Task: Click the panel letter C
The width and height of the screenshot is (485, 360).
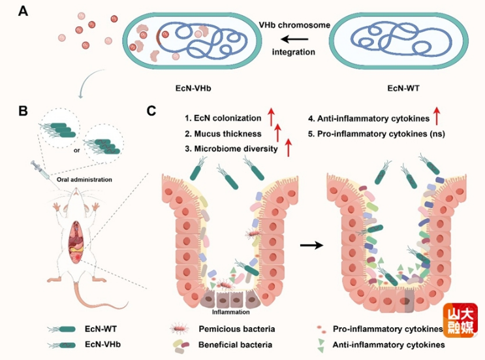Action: pyautogui.click(x=151, y=111)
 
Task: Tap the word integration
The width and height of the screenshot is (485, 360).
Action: pyautogui.click(x=294, y=52)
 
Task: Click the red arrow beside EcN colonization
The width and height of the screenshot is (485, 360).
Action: pyautogui.click(x=271, y=118)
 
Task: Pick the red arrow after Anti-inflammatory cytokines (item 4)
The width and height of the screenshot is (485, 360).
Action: pyautogui.click(x=437, y=118)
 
